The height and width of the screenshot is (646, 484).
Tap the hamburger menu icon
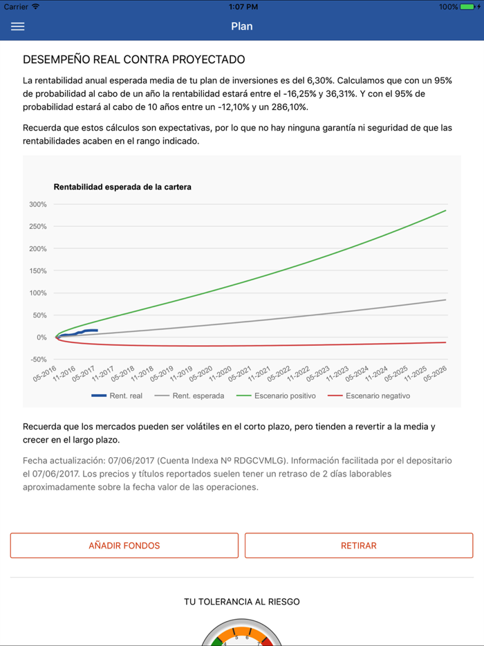coord(18,26)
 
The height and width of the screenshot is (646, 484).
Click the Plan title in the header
coord(242,26)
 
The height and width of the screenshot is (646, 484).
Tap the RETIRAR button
coord(359,546)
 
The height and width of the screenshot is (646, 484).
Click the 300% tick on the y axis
coord(38,205)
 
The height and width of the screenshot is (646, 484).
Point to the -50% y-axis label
coord(38,360)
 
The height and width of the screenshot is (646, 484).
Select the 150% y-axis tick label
coord(38,271)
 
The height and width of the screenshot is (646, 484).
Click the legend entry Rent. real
coord(118,396)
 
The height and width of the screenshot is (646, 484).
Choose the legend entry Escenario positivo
coord(276,396)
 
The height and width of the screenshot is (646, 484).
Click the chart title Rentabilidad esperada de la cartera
coord(122,187)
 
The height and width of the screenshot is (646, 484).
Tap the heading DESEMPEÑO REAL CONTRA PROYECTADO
coord(133,60)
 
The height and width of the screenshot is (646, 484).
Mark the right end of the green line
coord(446,210)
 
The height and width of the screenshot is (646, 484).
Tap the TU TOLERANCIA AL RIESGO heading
coord(242,602)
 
